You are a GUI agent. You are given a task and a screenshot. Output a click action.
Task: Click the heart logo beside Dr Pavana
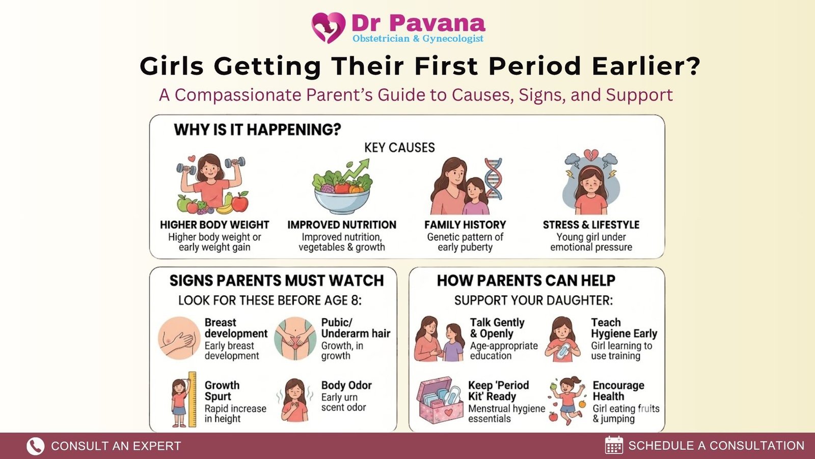pyautogui.click(x=328, y=28)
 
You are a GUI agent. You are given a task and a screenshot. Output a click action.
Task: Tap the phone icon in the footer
pyautogui.click(x=35, y=446)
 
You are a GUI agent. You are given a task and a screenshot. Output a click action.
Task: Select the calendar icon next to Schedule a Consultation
pyautogui.click(x=614, y=445)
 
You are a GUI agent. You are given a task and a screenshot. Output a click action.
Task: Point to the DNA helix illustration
pyautogui.click(x=493, y=179)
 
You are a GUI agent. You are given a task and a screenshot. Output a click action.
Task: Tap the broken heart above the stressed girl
pyautogui.click(x=591, y=155)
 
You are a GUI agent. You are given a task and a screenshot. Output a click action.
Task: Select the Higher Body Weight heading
pyautogui.click(x=214, y=225)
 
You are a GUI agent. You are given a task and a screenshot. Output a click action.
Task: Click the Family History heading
pyautogui.click(x=465, y=225)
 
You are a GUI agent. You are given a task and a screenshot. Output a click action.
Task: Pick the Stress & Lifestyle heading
pyautogui.click(x=591, y=225)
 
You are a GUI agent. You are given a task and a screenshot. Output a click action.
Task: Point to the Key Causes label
pyautogui.click(x=399, y=147)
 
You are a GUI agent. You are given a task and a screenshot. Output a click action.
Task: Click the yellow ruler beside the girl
pyautogui.click(x=192, y=399)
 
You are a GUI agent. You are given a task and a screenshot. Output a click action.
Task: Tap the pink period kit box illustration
pyautogui.click(x=440, y=400)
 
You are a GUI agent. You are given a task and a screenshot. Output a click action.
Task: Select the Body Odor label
pyautogui.click(x=346, y=385)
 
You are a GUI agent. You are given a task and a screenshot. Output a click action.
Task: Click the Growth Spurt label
pyautogui.click(x=222, y=391)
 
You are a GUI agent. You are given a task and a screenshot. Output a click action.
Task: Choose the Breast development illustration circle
pyautogui.click(x=179, y=338)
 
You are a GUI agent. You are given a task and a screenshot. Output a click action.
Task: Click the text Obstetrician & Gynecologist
pyautogui.click(x=418, y=38)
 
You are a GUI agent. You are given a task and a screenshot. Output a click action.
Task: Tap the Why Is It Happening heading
pyautogui.click(x=258, y=130)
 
